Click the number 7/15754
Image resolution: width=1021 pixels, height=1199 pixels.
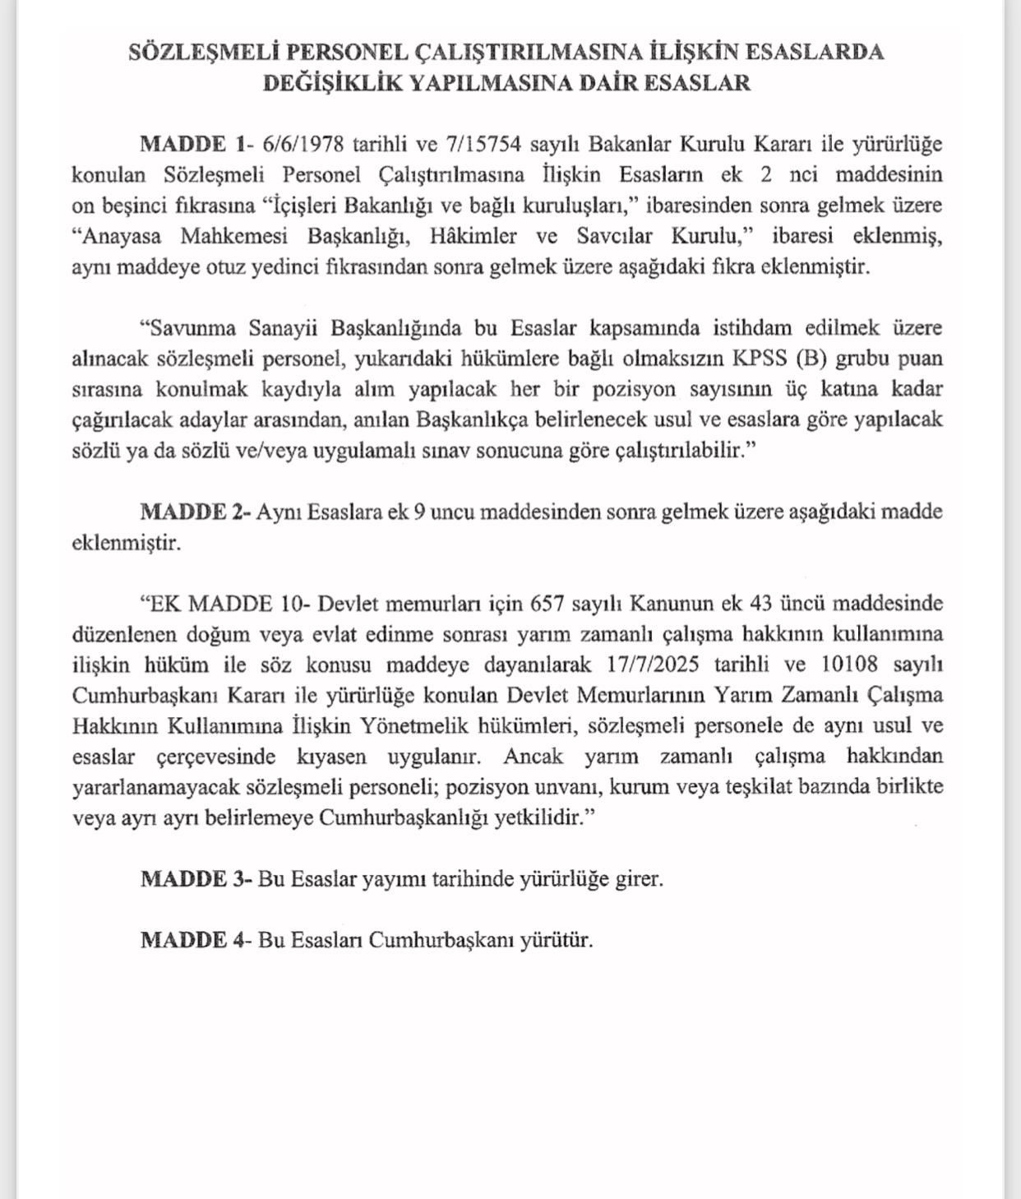click(x=483, y=144)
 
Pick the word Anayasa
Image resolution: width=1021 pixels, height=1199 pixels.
click(x=126, y=236)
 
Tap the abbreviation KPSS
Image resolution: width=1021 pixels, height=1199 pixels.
click(x=760, y=359)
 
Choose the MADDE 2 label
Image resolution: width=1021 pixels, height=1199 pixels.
click(x=194, y=512)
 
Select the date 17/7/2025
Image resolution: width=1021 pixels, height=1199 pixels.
click(x=654, y=664)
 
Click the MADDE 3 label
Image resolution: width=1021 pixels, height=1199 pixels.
click(x=196, y=879)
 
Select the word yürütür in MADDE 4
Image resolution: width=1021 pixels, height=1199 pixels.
click(x=556, y=940)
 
